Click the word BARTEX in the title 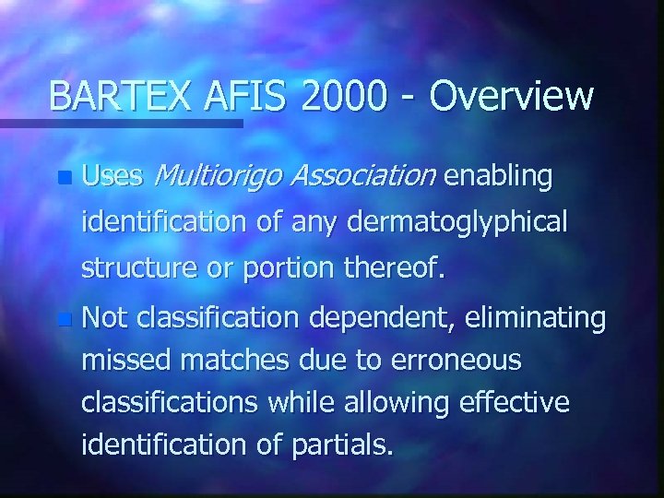(107, 95)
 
